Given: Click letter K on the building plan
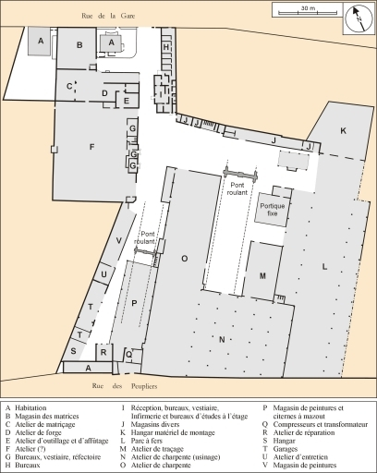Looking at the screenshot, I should click(x=342, y=132).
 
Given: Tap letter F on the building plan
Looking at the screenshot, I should click(x=91, y=147).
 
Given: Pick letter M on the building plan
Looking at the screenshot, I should click(x=262, y=275).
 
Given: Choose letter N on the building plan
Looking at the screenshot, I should click(x=221, y=339).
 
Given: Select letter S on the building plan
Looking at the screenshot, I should click(x=73, y=351).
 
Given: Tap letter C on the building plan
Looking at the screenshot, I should click(x=69, y=86).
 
